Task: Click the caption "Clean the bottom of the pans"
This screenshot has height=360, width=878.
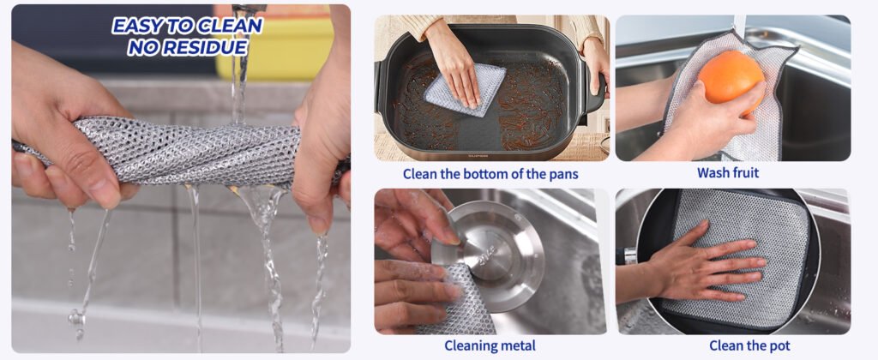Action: coord(490,173)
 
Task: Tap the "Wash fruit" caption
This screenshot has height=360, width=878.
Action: coord(728,172)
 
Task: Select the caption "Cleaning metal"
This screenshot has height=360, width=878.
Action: coord(490,345)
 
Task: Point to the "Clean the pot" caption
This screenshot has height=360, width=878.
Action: coord(749,345)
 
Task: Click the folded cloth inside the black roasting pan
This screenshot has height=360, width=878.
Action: coord(464,91)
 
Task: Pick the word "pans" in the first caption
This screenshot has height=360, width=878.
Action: coord(563,174)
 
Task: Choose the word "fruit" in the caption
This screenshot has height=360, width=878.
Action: coord(744,172)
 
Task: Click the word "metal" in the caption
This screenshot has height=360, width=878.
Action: coord(518,345)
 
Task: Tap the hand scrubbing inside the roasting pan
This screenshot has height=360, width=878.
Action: coord(453,61)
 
